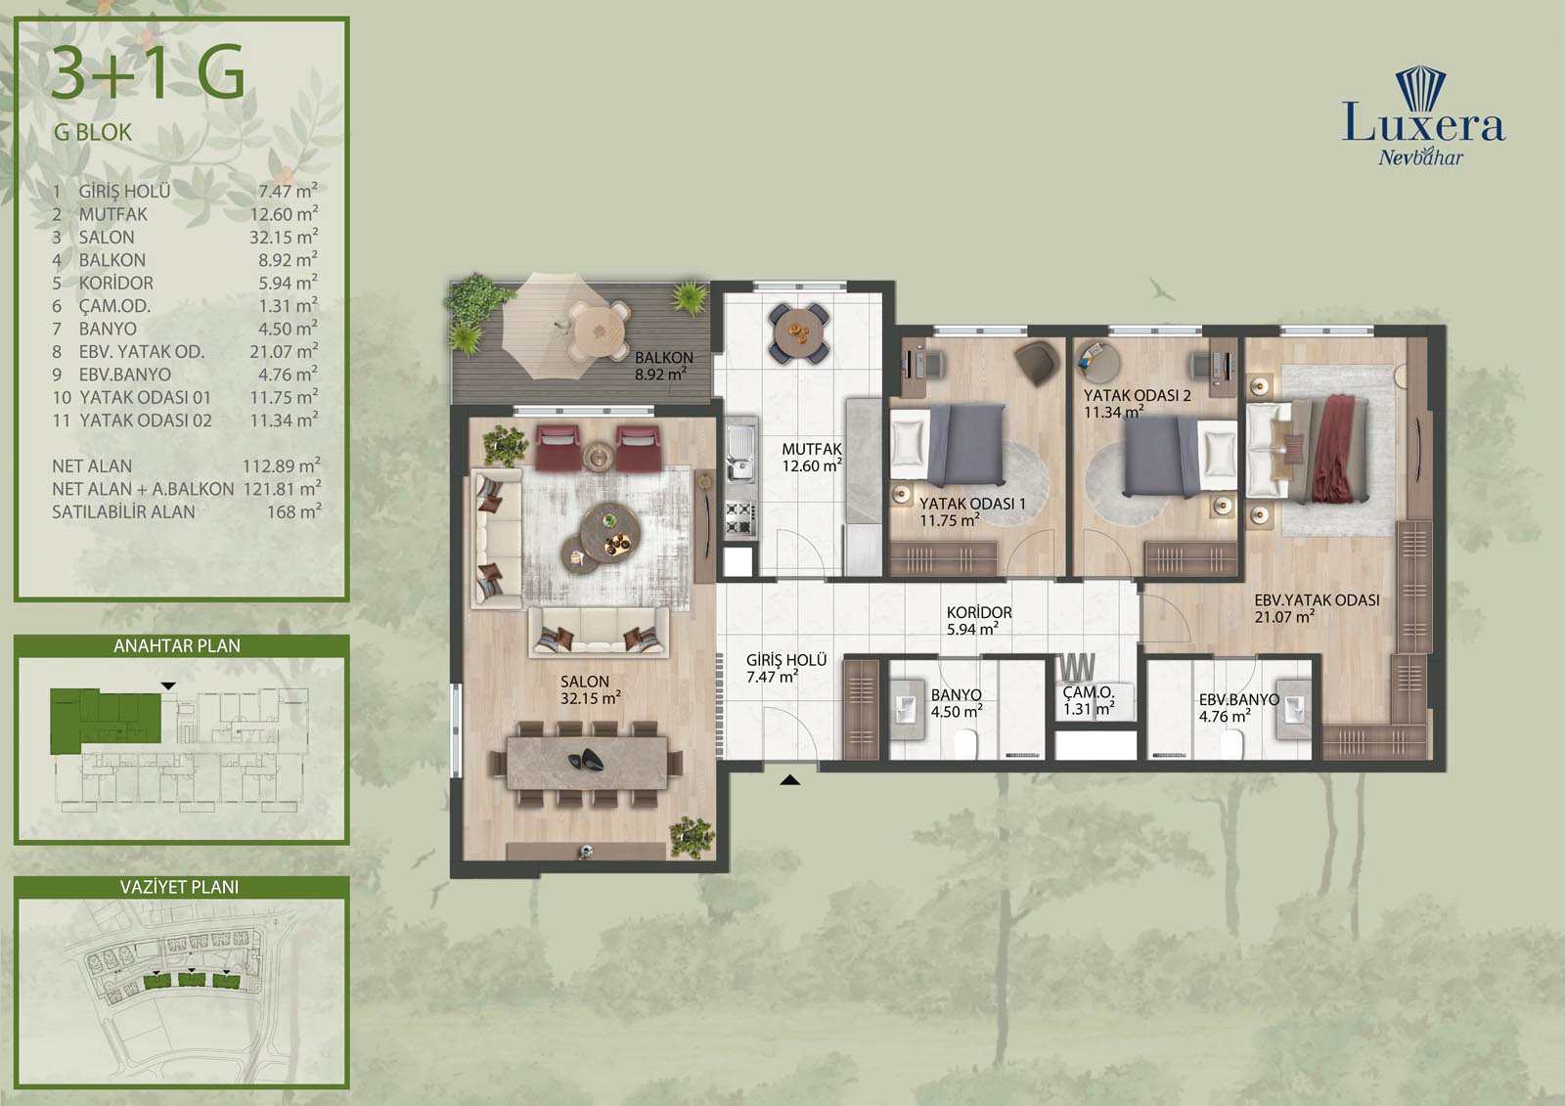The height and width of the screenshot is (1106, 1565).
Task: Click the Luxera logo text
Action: (1423, 124)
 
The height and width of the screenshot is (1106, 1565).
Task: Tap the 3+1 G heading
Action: (148, 72)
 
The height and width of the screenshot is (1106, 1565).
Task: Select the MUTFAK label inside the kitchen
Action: (812, 449)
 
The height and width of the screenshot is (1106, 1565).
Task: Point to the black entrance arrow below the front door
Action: (789, 779)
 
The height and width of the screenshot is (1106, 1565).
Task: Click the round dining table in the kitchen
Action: (799, 332)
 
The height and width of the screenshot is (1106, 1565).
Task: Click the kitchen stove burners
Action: (739, 518)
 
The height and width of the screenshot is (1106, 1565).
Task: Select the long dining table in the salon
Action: (586, 763)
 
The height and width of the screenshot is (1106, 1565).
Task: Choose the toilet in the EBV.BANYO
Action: (1231, 745)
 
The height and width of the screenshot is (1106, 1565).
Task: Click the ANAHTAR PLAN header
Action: (177, 645)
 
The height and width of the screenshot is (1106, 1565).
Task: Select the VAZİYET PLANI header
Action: (180, 887)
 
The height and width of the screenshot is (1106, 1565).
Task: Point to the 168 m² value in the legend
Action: (294, 511)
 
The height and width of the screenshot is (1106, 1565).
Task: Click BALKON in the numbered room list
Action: (112, 260)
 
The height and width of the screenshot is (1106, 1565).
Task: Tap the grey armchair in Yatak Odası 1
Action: (1037, 362)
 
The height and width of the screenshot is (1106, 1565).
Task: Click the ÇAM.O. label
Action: (1088, 692)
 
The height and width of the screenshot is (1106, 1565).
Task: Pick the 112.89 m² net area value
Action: (282, 465)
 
